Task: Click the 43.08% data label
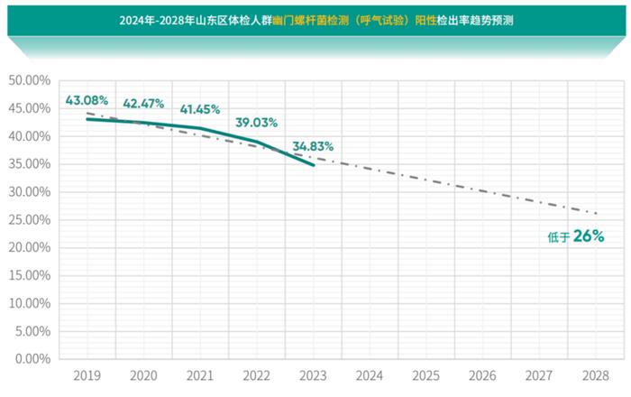click(87, 99)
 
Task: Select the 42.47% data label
click(144, 103)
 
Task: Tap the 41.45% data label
click(200, 109)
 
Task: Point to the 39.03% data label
click(257, 122)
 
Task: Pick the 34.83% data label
click(313, 145)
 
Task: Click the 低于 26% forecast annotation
click(574, 237)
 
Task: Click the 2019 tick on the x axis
click(87, 374)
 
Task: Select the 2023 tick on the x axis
click(314, 374)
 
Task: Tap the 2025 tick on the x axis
click(426, 374)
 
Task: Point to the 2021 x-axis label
click(200, 374)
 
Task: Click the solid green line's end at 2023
click(314, 165)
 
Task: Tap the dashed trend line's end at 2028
click(597, 214)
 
